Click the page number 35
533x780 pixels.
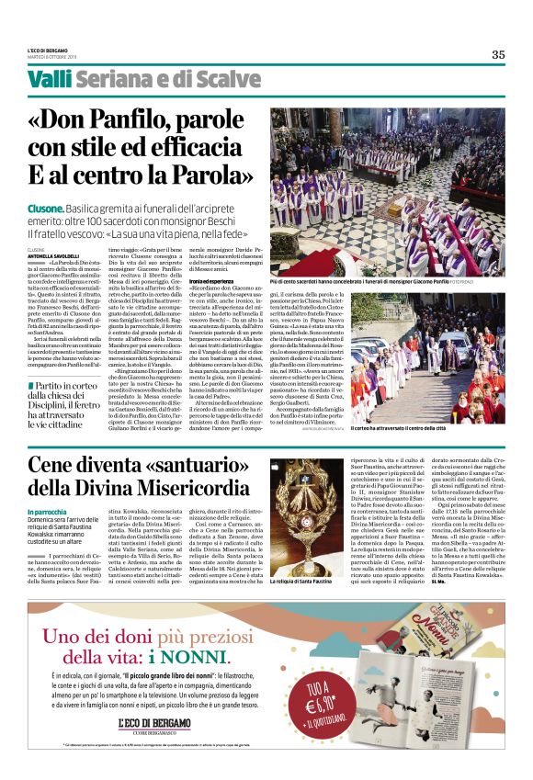[497, 54]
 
